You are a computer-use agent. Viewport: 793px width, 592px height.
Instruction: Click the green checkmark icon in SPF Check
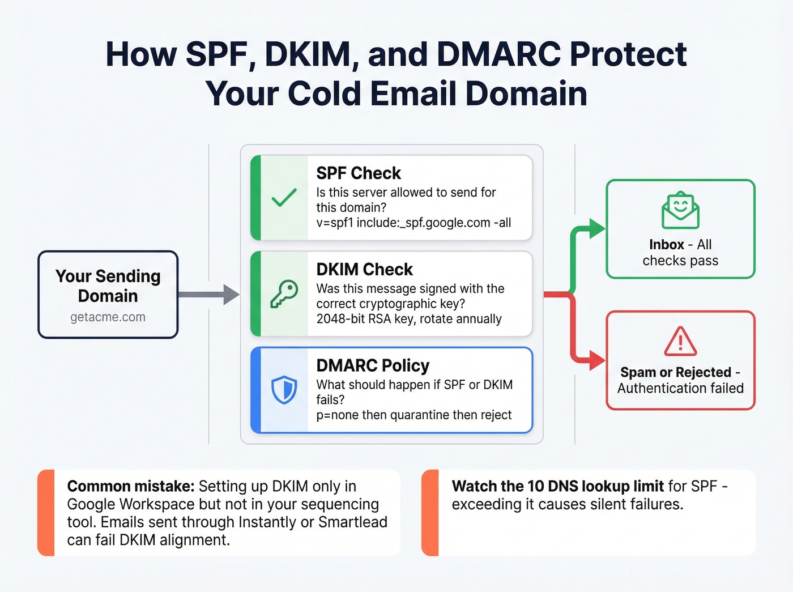click(x=284, y=197)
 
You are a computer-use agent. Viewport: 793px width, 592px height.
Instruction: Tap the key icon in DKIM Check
click(x=284, y=294)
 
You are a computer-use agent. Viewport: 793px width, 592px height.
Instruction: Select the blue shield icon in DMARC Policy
click(x=284, y=390)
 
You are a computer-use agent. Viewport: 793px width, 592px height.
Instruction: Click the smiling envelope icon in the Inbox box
click(x=680, y=210)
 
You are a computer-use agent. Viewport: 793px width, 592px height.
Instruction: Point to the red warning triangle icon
click(x=680, y=341)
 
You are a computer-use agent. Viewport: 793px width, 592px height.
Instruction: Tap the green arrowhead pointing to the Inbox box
click(x=596, y=229)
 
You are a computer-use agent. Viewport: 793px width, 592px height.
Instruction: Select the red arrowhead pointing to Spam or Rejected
click(x=596, y=360)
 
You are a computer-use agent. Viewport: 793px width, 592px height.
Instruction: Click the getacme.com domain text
click(x=108, y=317)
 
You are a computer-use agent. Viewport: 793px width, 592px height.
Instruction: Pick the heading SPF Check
click(x=358, y=173)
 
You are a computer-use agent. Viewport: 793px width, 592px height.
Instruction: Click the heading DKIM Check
click(x=364, y=269)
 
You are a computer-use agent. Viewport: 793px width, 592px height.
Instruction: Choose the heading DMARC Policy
click(x=373, y=365)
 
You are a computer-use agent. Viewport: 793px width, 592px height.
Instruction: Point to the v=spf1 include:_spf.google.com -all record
click(x=413, y=223)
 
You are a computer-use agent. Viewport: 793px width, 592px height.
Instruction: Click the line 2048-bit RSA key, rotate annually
click(x=409, y=319)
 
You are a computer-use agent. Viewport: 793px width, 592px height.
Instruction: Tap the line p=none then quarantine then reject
click(x=413, y=415)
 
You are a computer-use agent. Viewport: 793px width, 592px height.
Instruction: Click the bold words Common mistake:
click(x=130, y=486)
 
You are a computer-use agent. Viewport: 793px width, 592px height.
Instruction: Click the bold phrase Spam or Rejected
click(x=675, y=372)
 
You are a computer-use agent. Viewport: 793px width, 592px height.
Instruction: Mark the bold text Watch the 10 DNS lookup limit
click(x=557, y=486)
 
